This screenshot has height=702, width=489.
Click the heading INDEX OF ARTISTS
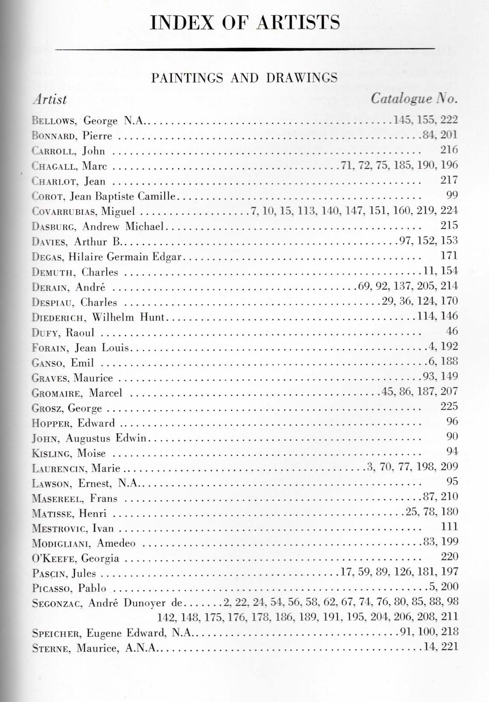pos(245,22)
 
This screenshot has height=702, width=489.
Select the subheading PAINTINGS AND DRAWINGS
pos(244,78)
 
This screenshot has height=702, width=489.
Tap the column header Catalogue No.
pos(414,99)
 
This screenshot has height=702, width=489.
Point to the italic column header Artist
pos(50,99)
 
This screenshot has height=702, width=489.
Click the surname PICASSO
pos(52,589)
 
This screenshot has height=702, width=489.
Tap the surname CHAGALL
pos(55,166)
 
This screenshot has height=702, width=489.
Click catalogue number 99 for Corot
pos(451,195)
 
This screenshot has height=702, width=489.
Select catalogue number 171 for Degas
pos(449,256)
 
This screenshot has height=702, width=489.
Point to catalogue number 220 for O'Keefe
pos(449,557)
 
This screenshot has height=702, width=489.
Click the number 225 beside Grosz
pos(449,406)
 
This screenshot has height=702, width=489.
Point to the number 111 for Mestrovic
pos(449,527)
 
